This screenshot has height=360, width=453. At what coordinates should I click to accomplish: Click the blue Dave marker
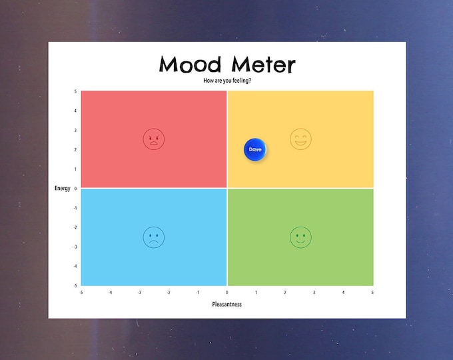[x=255, y=150]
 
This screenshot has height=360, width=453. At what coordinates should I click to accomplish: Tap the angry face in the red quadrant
[x=153, y=139]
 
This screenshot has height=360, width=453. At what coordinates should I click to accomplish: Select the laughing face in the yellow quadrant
[x=300, y=139]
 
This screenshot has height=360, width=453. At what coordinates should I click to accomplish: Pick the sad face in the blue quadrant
[x=153, y=237]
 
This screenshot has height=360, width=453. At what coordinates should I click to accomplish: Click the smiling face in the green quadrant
[x=300, y=237]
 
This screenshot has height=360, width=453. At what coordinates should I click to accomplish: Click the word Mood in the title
[x=191, y=65]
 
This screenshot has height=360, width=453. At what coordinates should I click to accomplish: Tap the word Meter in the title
[x=262, y=65]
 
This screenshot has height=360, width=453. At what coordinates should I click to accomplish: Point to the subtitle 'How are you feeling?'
[x=227, y=81]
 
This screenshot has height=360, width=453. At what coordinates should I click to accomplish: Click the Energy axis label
[x=63, y=189]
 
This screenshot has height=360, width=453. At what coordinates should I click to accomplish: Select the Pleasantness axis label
[x=227, y=304]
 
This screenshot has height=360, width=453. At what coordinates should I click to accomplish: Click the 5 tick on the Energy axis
[x=75, y=91]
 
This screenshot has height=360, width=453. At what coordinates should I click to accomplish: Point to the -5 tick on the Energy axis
[x=75, y=285]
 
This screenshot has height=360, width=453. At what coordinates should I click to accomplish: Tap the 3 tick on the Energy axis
[x=75, y=130]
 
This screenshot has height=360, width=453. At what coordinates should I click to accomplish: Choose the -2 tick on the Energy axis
[x=75, y=227]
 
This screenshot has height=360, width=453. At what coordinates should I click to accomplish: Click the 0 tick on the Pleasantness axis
[x=227, y=292]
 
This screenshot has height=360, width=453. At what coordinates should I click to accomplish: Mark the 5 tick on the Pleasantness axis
[x=372, y=292]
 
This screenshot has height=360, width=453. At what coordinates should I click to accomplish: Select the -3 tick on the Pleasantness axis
[x=139, y=292]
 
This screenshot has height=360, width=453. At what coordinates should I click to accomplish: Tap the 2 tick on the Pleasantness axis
[x=285, y=292]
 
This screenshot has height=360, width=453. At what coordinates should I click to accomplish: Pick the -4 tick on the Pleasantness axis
[x=110, y=292]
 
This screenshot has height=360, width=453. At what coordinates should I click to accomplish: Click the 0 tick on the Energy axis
[x=75, y=189]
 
